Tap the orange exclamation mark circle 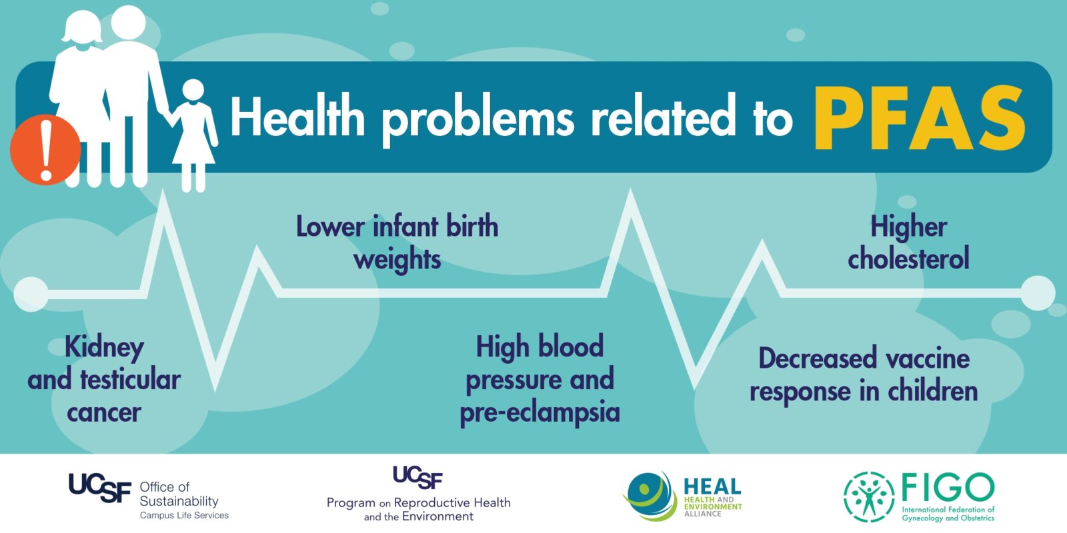45,150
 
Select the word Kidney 104,347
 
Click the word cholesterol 908,259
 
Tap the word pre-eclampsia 540,412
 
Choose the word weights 397,261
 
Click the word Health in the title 297,117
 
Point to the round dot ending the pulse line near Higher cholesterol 1038,292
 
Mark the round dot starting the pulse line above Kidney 31,294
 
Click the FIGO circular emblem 869,496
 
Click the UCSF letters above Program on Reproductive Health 417,477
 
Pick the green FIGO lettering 948,487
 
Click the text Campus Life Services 184,516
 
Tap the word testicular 130,380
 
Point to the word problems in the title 478,120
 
